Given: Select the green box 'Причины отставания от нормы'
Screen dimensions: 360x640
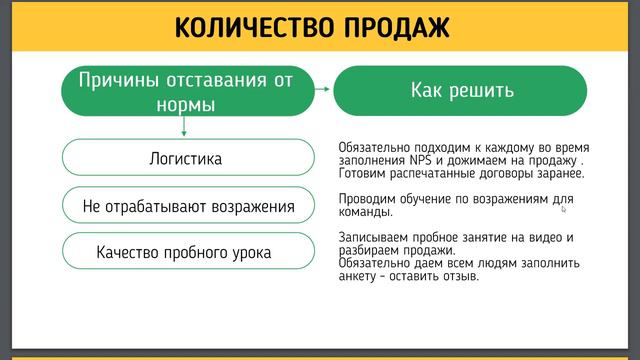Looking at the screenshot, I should click(186, 91).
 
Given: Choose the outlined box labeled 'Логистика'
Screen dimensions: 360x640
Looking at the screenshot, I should click(186, 159).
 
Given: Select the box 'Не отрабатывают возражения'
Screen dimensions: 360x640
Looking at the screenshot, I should click(186, 207).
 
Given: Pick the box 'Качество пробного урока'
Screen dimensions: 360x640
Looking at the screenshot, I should click(186, 252).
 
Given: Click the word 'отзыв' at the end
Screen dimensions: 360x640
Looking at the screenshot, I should click(459, 276).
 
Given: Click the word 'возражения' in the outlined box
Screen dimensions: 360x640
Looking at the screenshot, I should click(246, 207).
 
